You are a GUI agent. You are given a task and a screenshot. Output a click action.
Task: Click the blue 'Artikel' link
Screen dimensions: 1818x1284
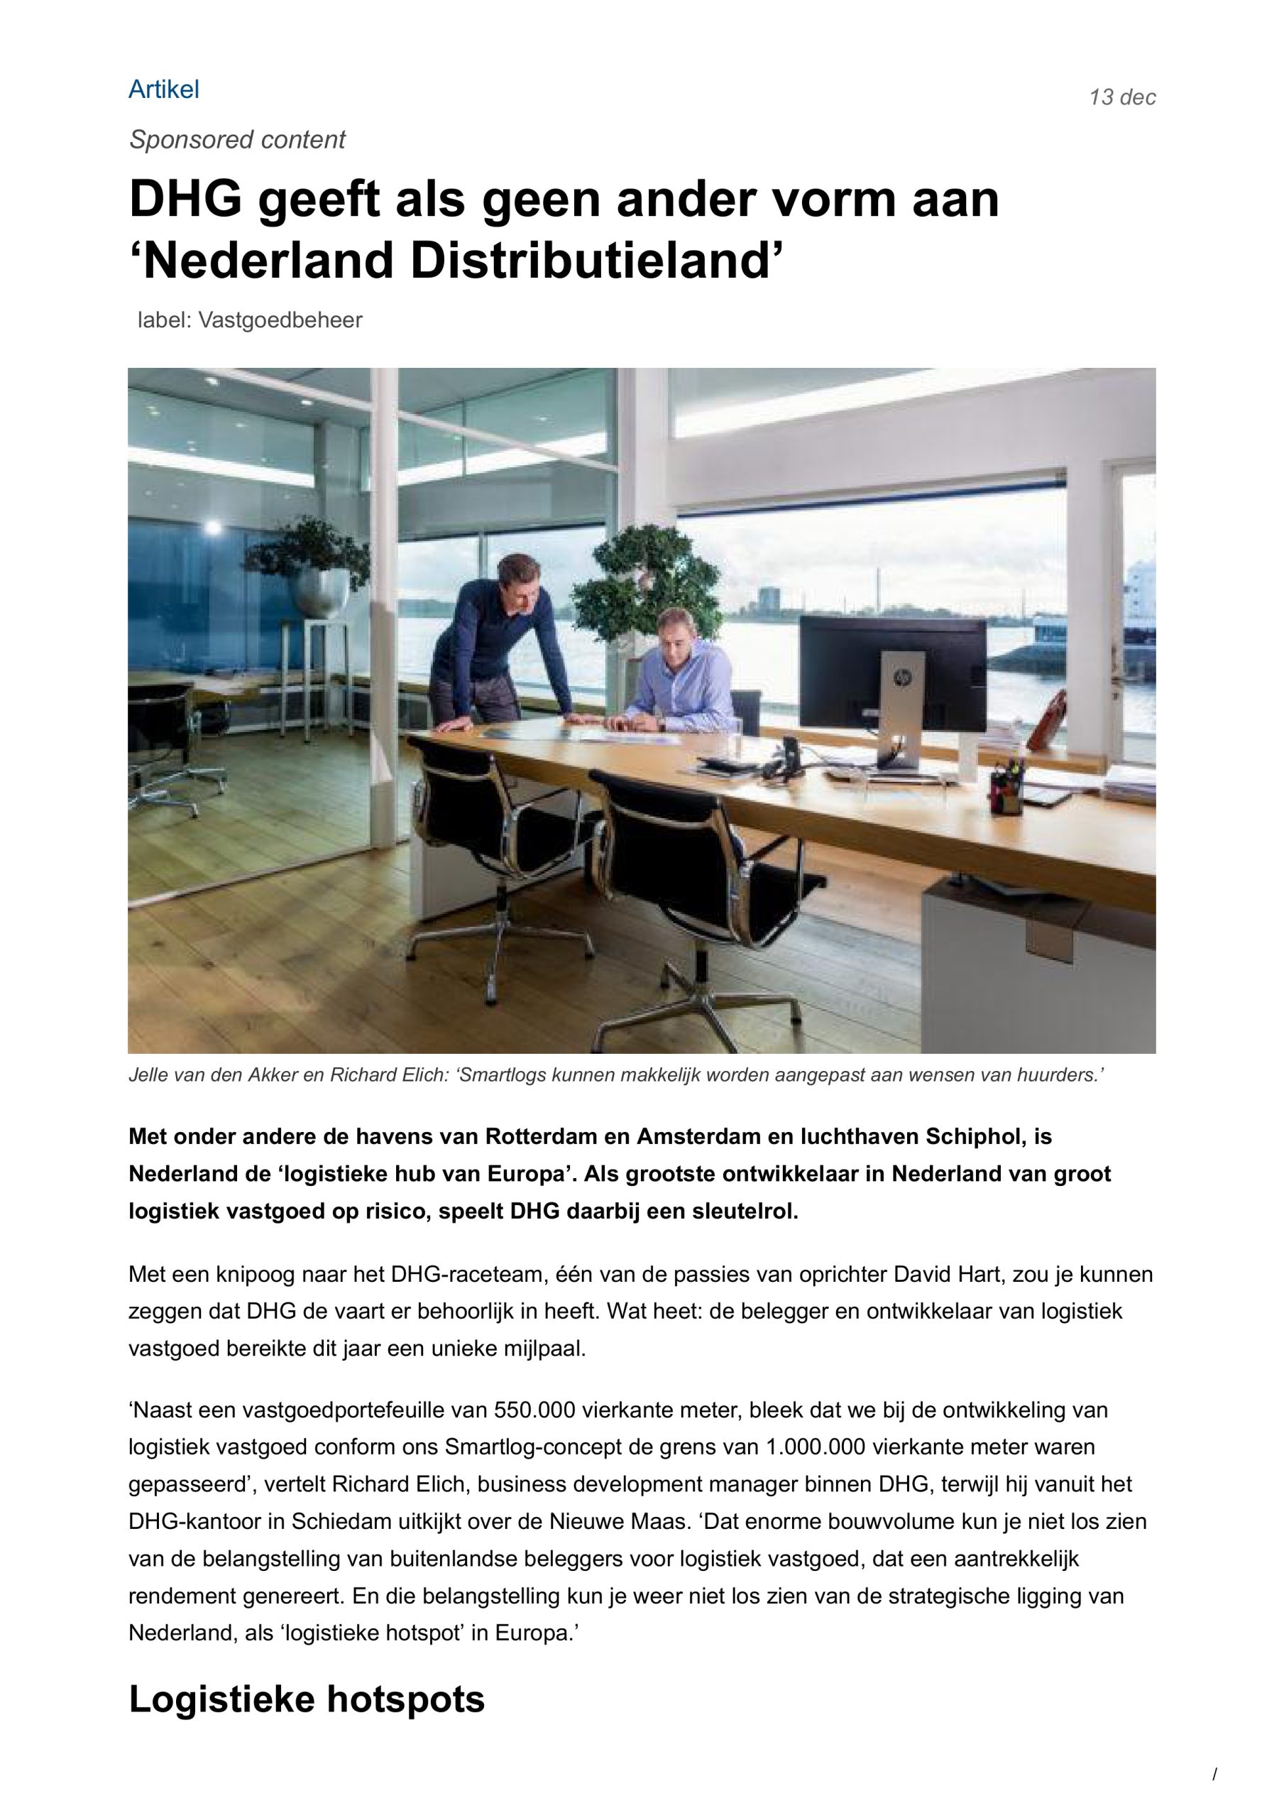click(163, 89)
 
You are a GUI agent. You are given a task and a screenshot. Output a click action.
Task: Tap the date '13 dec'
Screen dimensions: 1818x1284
click(1121, 97)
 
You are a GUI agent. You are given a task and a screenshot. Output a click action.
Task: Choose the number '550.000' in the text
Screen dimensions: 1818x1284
click(533, 1410)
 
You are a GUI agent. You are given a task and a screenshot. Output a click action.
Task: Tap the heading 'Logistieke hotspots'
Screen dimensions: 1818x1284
click(307, 1699)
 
